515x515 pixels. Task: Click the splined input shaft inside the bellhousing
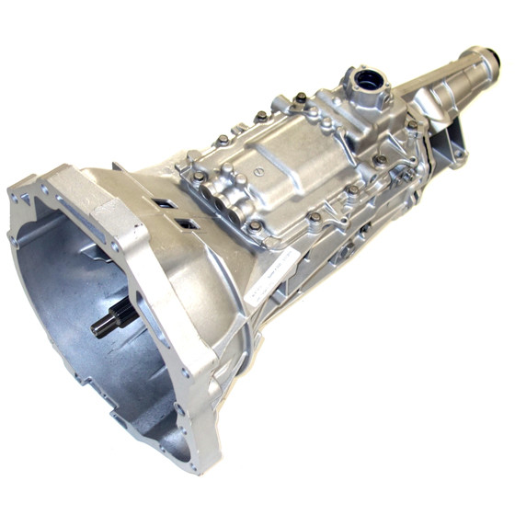click(115, 320)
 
